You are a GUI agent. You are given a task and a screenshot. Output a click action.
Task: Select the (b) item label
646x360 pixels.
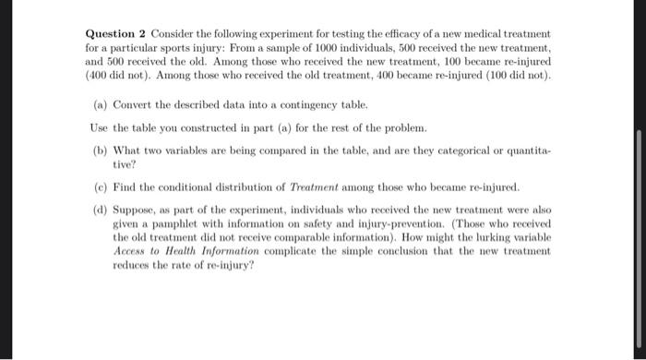click(101, 147)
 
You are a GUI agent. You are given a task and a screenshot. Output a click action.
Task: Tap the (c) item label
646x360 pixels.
click(101, 184)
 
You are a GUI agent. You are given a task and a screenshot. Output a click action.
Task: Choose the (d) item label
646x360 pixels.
click(101, 209)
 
